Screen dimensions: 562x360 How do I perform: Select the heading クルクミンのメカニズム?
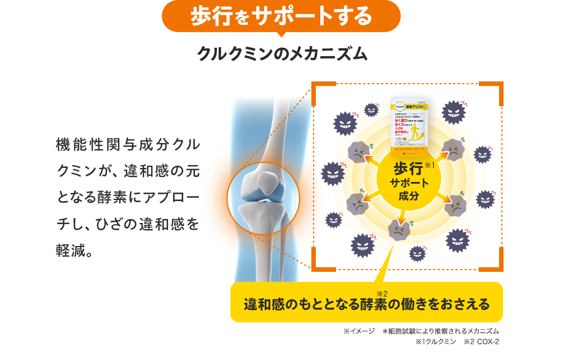(x=282, y=54)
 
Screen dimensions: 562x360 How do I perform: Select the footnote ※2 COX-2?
(x=482, y=342)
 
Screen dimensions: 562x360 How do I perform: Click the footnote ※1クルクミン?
(x=435, y=342)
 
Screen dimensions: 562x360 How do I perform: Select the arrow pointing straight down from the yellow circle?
(x=402, y=212)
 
